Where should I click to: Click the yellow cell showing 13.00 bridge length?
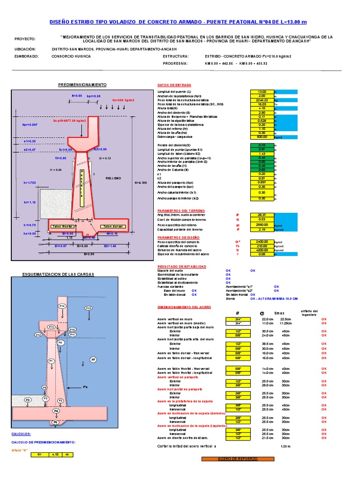(x=262, y=92)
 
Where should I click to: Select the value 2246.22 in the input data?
(x=262, y=100)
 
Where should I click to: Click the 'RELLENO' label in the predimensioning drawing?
(x=113, y=178)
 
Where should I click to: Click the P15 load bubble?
(x=89, y=308)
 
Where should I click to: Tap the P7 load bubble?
(x=93, y=360)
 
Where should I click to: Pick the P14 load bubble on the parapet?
(x=62, y=306)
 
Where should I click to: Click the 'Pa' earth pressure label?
(x=85, y=387)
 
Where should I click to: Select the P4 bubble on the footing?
(x=56, y=411)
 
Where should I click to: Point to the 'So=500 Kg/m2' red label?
(x=123, y=100)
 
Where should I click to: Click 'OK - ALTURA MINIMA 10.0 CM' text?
(x=274, y=298)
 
